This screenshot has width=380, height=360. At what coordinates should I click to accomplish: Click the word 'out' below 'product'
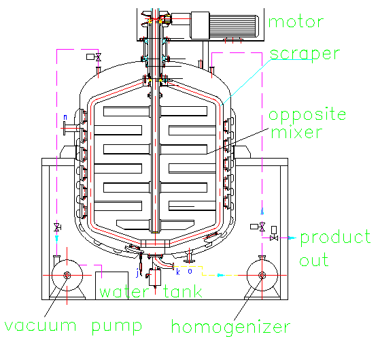[314, 260]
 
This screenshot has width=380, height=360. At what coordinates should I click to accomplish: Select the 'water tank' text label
[151, 293]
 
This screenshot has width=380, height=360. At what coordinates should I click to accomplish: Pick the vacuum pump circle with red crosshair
[67, 275]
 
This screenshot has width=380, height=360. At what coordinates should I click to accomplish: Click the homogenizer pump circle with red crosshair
[260, 275]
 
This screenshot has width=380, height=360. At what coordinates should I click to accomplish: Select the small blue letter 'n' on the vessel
[65, 117]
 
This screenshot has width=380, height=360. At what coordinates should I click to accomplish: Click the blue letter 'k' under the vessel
[178, 272]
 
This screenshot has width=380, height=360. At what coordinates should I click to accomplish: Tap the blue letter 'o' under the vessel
[190, 271]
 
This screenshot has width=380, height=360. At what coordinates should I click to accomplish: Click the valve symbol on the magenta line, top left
[98, 59]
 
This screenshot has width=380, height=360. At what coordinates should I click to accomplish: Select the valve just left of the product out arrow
[274, 237]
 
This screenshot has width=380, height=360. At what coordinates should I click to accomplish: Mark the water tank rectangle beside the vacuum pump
[109, 281]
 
